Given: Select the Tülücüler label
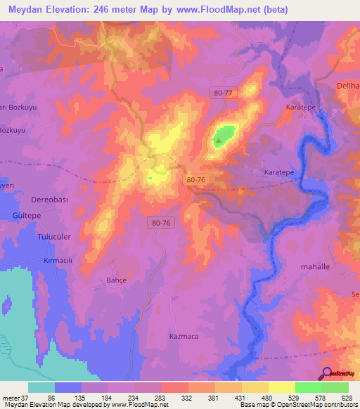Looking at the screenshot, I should coord(53,237).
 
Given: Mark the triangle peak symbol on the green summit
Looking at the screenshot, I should coord(219,140).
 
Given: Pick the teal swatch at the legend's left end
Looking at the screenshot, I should coord(41,387).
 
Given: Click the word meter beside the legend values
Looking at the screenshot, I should coord(9,397).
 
